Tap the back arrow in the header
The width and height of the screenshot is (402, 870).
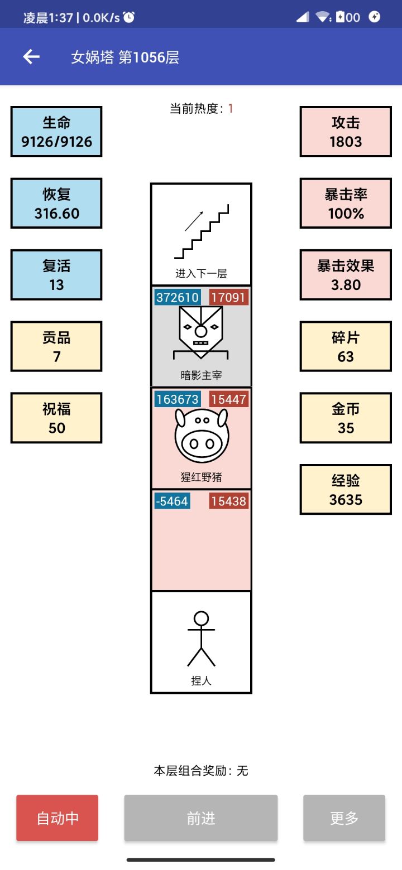point(31,57)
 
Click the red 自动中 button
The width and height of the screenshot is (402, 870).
point(57,818)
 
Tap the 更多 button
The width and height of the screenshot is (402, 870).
point(344,818)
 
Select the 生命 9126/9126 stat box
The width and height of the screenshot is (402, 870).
point(56,132)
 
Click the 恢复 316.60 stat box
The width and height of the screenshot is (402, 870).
point(56,204)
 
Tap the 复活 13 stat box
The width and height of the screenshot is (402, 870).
point(56,275)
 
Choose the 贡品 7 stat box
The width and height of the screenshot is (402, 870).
point(56,346)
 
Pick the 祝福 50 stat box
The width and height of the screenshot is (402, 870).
point(56,418)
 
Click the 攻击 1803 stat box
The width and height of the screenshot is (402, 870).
point(346,132)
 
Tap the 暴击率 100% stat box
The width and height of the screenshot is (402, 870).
point(346,204)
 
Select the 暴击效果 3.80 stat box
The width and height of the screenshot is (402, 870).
point(346,275)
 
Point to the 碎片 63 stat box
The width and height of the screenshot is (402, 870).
point(346,346)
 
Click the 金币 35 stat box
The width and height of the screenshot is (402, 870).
point(346,418)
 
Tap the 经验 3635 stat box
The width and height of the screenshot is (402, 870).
point(346,489)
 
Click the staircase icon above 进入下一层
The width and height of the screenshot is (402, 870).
point(202,231)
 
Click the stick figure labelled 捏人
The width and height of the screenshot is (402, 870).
point(201,639)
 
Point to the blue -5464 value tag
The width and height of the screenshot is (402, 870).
point(172,501)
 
